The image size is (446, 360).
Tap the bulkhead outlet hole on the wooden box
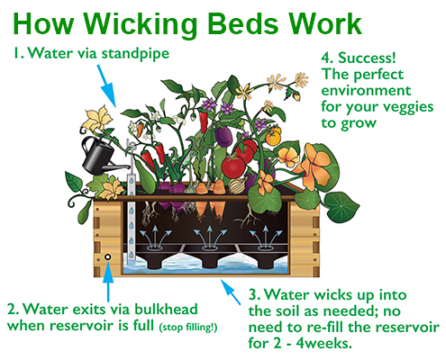tap(107, 257)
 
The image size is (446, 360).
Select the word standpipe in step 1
tap(135, 54)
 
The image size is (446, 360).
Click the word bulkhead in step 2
tap(166, 309)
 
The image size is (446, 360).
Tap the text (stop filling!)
tap(188, 327)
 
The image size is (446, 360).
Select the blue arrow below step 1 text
tap(106, 85)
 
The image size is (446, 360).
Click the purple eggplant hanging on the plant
tap(223, 136)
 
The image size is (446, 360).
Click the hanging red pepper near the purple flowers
tap(204, 121)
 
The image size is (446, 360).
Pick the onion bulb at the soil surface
tap(237, 186)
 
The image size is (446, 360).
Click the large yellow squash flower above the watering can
tap(97, 120)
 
